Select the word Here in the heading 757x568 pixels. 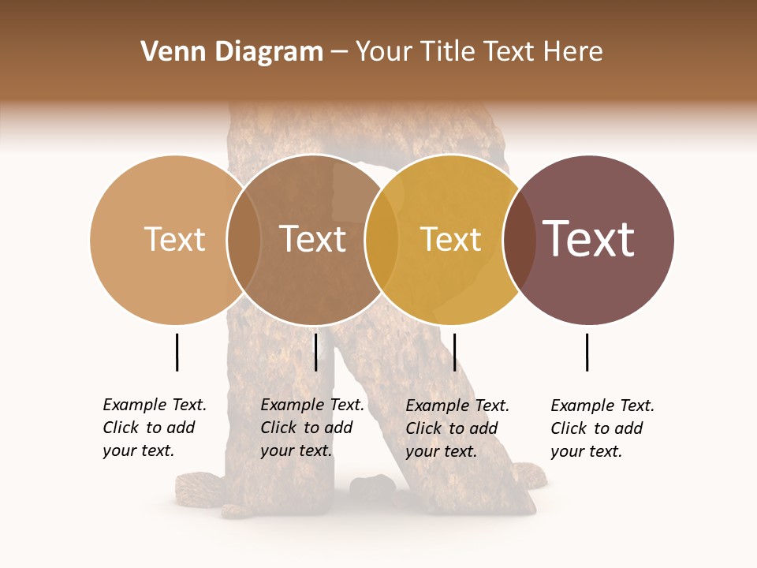point(574,52)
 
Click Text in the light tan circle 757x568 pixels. point(174,239)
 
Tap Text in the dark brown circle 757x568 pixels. point(313,239)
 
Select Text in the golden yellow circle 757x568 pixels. point(450,239)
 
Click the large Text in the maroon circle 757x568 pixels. point(589,239)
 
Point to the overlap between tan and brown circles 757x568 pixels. point(244,240)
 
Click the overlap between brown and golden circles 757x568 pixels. point(382,240)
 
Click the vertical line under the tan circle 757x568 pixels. point(177,352)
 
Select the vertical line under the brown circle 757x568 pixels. point(315,352)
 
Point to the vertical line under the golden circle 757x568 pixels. point(454,352)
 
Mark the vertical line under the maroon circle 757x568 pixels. point(587,352)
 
